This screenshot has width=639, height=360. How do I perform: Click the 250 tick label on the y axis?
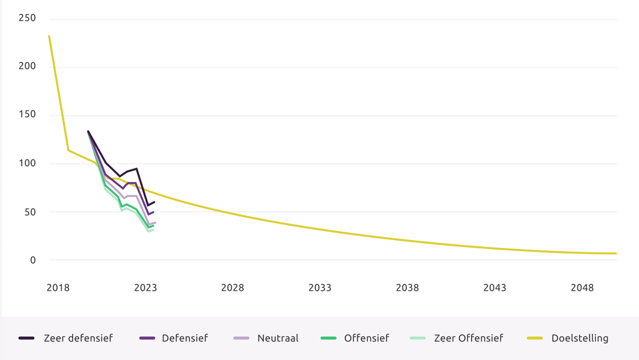click(27, 18)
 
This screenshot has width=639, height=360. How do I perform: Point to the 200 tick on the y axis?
click(27, 66)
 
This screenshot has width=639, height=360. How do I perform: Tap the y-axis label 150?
click(27, 115)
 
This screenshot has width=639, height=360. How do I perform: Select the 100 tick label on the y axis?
click(27, 163)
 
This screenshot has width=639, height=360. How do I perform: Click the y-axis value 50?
click(29, 212)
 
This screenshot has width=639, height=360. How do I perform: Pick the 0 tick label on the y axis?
click(32, 260)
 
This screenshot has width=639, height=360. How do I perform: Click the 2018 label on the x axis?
click(58, 288)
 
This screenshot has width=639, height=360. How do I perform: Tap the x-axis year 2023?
click(145, 288)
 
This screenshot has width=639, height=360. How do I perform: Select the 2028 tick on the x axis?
click(232, 288)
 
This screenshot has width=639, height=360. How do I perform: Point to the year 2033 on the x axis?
click(320, 288)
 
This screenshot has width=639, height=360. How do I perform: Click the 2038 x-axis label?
click(407, 288)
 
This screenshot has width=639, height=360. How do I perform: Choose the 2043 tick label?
click(494, 288)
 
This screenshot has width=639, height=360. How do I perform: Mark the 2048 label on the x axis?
click(582, 288)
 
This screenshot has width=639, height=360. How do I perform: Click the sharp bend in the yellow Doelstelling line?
click(68, 150)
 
